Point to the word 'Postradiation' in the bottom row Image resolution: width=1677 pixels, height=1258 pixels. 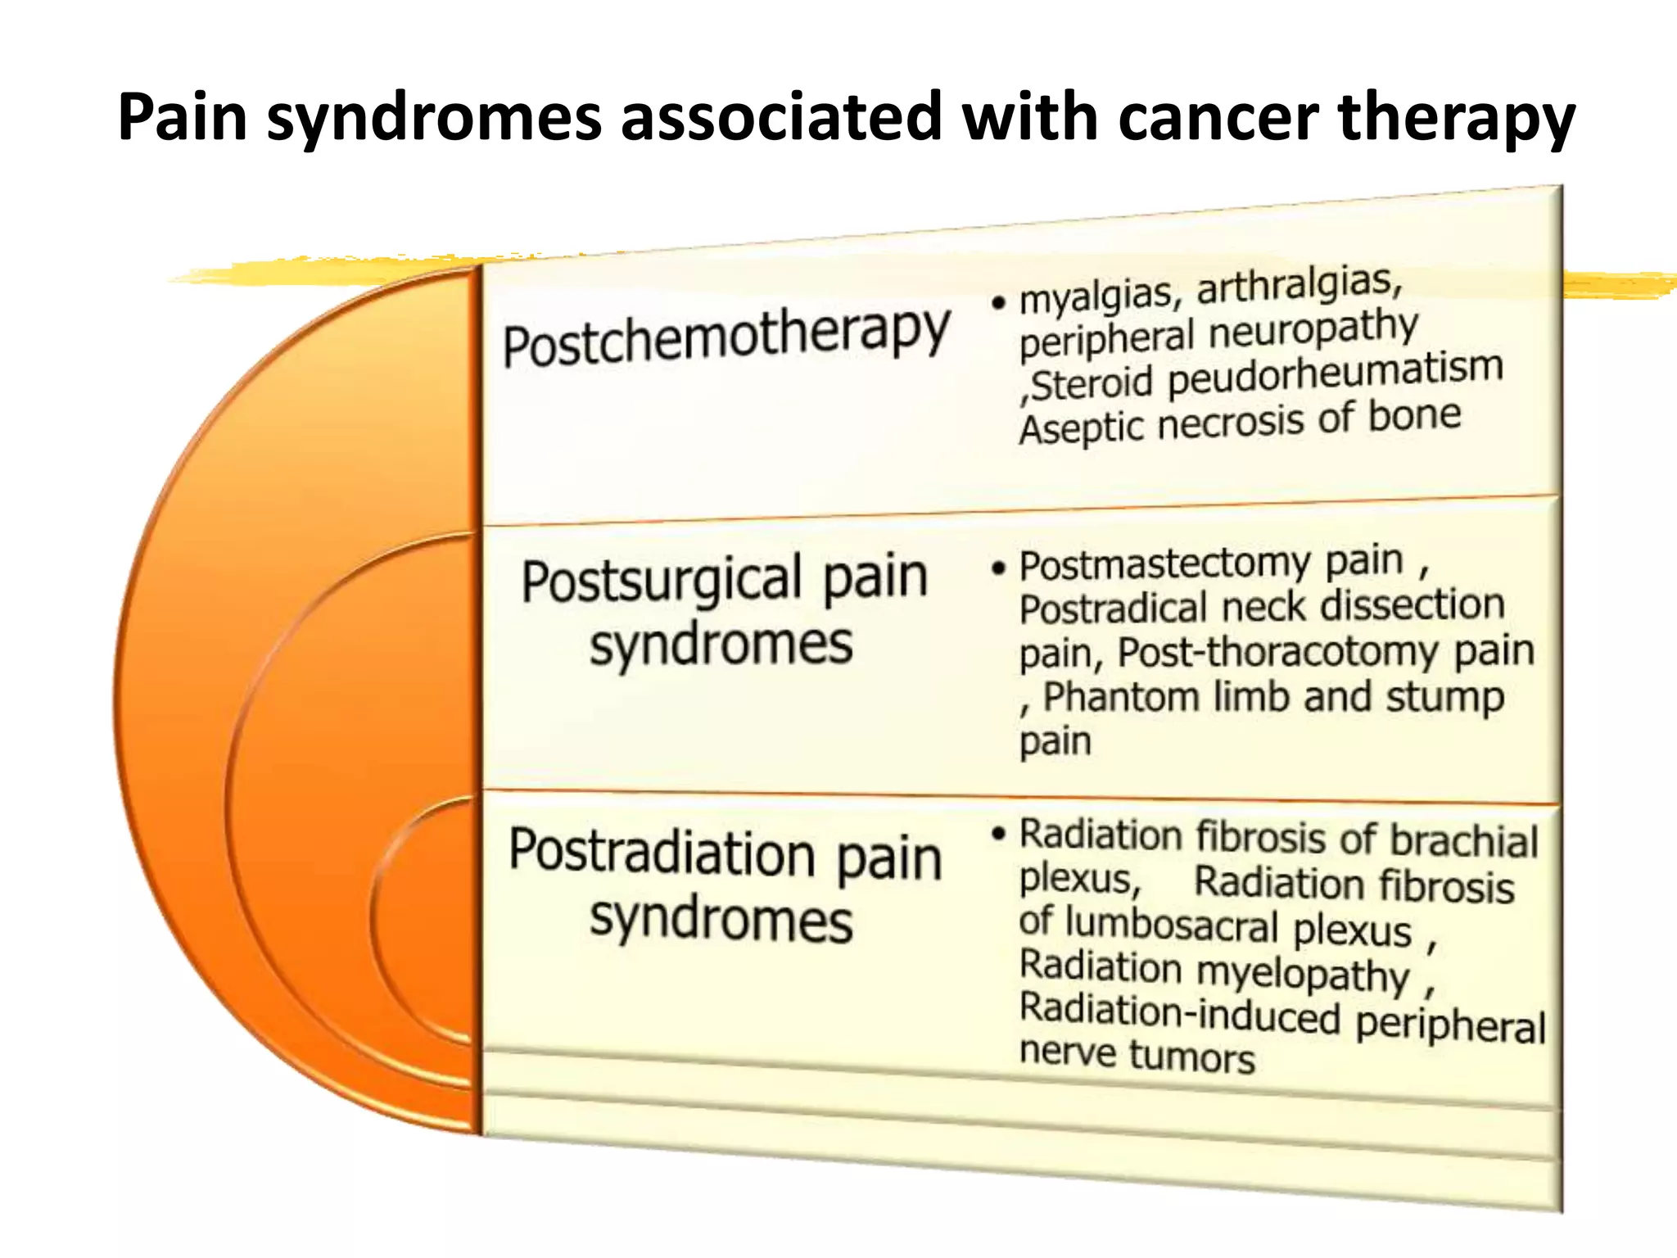(662, 853)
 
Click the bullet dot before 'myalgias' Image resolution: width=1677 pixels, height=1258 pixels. (997, 304)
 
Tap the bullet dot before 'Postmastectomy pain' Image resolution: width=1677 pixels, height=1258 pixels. (997, 568)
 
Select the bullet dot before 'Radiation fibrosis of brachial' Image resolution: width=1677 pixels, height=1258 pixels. (997, 835)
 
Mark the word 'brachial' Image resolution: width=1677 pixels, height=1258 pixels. (1464, 841)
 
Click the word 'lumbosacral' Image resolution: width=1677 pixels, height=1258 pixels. (1172, 925)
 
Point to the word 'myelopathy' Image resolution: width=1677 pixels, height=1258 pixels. (1303, 974)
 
